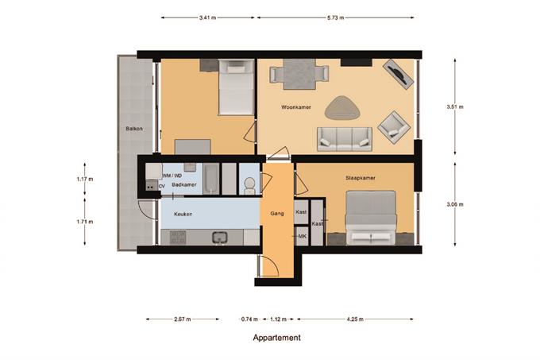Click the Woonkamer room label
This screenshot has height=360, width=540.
point(296,107)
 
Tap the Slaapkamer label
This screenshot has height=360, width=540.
point(361,178)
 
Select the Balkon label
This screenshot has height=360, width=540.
point(134,129)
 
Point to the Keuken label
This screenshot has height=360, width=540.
point(183,214)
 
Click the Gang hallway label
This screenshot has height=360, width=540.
point(277,214)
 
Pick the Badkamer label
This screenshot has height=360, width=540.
point(184,184)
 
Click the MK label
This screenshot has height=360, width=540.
point(303,236)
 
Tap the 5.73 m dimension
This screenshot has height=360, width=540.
point(335,17)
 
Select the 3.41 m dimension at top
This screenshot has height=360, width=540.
point(208,17)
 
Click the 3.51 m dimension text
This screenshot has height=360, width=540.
point(455,106)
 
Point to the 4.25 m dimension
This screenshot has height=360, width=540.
point(355,319)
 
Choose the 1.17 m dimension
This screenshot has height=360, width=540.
point(85,179)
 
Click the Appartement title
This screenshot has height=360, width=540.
point(277,338)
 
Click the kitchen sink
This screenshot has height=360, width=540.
point(219,237)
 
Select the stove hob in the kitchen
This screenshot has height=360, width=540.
point(178,237)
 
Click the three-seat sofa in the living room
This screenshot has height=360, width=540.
point(345,139)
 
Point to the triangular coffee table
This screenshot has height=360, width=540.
point(343,108)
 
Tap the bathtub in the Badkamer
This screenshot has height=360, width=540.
point(210,179)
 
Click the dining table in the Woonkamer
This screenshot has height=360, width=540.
point(299,74)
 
